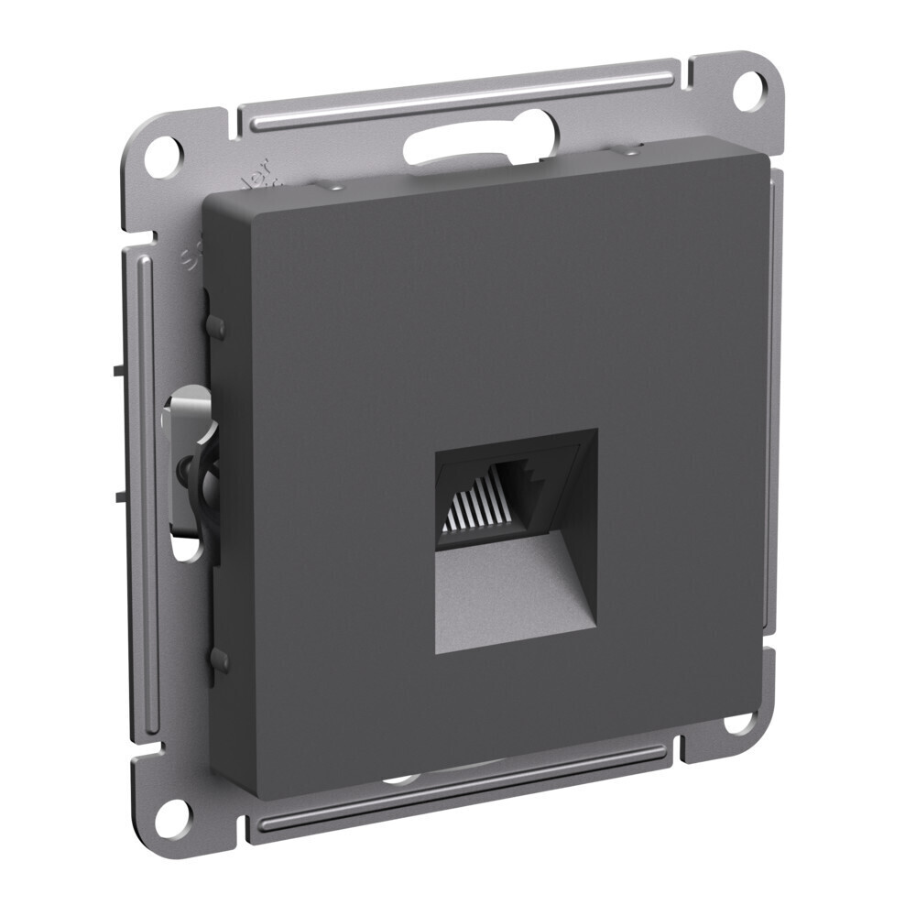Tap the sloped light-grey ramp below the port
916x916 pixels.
coord(513,595)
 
